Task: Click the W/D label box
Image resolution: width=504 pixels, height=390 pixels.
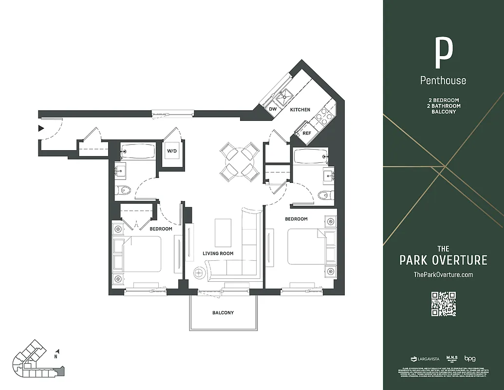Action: pyautogui.click(x=172, y=151)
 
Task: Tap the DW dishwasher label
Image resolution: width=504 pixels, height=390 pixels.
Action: pyautogui.click(x=273, y=109)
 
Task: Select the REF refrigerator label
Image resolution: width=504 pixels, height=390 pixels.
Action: pyautogui.click(x=307, y=133)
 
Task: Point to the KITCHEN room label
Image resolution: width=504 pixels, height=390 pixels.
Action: pyautogui.click(x=300, y=110)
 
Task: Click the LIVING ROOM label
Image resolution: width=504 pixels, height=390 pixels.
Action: pyautogui.click(x=218, y=253)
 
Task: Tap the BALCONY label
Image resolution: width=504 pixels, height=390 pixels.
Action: pyautogui.click(x=223, y=312)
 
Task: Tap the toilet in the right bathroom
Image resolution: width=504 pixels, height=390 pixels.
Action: pyautogui.click(x=324, y=195)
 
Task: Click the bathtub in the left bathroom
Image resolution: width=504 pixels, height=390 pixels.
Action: pyautogui.click(x=138, y=151)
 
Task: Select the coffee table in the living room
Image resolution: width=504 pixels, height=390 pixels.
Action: pyautogui.click(x=223, y=233)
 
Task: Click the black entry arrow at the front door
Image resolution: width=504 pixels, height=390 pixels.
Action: pyautogui.click(x=41, y=129)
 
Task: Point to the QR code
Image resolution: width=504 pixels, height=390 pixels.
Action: pyautogui.click(x=443, y=303)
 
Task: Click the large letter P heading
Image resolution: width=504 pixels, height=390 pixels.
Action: pyautogui.click(x=443, y=53)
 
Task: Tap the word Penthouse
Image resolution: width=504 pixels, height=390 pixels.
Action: pyautogui.click(x=443, y=80)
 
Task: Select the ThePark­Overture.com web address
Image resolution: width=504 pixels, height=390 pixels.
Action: pyautogui.click(x=443, y=274)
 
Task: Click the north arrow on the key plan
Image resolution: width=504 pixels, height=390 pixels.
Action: pyautogui.click(x=57, y=351)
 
